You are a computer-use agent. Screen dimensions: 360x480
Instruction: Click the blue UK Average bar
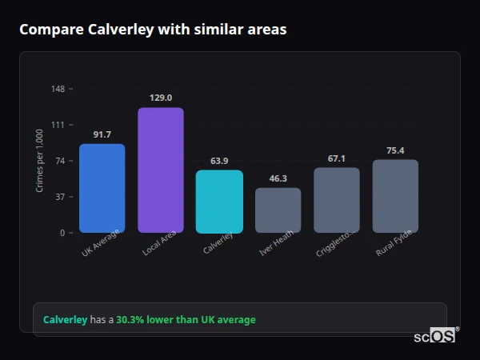coord(102,188)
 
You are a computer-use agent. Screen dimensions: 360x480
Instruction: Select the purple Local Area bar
coord(161,170)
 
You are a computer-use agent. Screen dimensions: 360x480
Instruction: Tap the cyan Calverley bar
coord(219,201)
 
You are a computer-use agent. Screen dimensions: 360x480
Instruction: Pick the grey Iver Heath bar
coord(278,210)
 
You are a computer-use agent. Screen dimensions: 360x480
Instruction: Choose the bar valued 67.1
coord(336,200)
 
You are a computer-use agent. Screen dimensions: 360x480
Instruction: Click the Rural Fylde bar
coord(395,196)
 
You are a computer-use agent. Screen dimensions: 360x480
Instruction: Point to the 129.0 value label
coord(161,98)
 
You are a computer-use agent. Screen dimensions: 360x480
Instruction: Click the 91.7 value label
coord(102,134)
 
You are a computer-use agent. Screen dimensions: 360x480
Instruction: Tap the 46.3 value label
coord(278,178)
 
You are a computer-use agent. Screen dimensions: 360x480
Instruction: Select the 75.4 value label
coord(395,150)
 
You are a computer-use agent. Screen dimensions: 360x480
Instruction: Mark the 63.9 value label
coord(219,161)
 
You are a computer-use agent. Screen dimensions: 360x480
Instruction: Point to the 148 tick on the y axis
coord(58,89)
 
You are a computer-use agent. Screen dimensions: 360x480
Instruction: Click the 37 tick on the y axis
coord(60,197)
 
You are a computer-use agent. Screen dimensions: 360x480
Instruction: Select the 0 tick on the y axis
coord(62,233)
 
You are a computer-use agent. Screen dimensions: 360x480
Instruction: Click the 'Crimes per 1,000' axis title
coord(40,160)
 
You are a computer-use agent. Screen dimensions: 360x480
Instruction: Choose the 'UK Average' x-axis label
coord(101,243)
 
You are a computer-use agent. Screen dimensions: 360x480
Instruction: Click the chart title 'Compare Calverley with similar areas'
coord(153,30)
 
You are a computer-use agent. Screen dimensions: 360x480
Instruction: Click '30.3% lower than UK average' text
coord(186,320)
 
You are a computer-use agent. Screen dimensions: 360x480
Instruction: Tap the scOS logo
coord(435,336)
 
